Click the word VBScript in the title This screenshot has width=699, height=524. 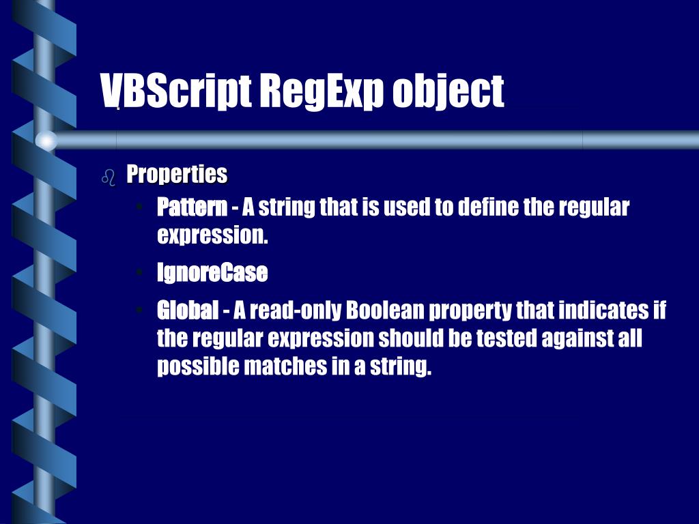(x=175, y=91)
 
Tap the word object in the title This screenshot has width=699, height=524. (x=448, y=91)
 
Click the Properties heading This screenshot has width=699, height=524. (x=177, y=175)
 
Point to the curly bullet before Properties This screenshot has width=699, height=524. (x=108, y=177)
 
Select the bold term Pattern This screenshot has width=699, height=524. (x=192, y=207)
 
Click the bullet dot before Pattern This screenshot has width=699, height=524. (x=139, y=207)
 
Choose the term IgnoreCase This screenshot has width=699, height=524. (x=212, y=273)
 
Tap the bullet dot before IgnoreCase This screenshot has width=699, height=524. (x=139, y=273)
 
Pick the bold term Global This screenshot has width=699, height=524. (x=188, y=310)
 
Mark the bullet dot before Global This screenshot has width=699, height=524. (x=139, y=310)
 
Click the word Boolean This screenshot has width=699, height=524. (x=386, y=310)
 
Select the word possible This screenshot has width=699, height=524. (x=198, y=367)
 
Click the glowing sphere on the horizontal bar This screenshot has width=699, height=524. (x=46, y=141)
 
